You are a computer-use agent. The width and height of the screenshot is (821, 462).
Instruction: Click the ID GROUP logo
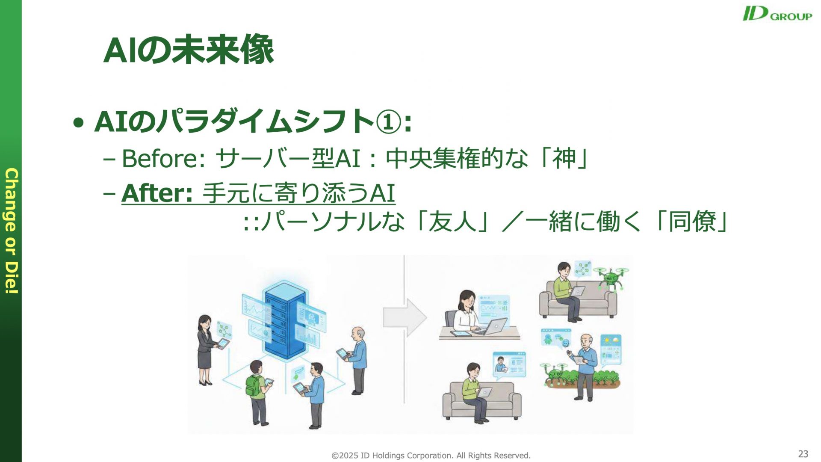click(777, 13)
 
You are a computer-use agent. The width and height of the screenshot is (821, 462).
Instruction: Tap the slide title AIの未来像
click(189, 50)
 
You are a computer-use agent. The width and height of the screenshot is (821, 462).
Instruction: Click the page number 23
click(803, 453)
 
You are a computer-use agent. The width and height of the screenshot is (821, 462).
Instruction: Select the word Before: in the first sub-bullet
click(164, 158)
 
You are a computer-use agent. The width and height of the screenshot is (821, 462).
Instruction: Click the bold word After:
click(157, 193)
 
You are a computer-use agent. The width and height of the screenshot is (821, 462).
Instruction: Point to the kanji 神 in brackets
click(564, 158)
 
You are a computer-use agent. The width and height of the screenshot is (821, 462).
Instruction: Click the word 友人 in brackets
click(452, 222)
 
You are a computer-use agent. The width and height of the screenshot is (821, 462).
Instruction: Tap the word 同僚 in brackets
click(692, 222)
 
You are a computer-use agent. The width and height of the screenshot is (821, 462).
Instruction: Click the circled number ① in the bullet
click(389, 121)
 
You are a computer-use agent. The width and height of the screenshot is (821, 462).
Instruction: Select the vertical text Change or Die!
click(12, 231)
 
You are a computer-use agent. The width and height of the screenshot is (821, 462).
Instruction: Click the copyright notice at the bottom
click(431, 456)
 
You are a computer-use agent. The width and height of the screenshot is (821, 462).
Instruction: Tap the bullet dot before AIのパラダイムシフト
click(78, 123)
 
